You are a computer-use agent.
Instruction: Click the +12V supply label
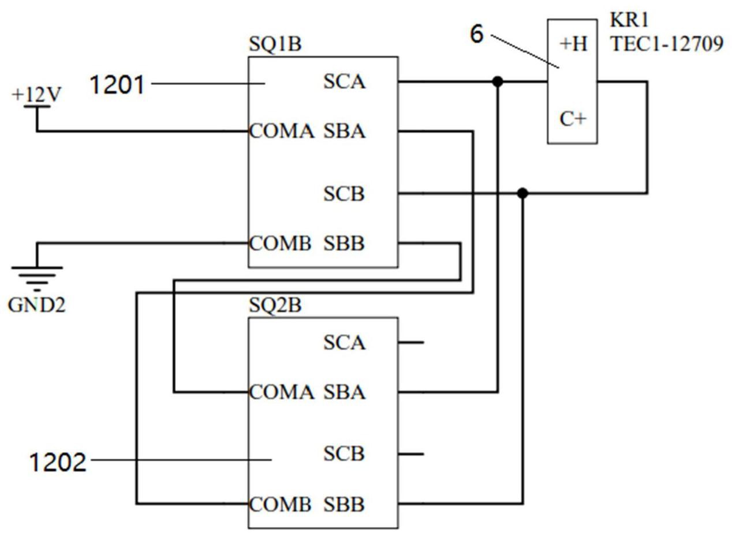pos(36,94)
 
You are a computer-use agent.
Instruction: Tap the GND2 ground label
pos(36,305)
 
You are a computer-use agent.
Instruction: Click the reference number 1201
pos(117,85)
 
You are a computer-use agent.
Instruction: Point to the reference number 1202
pos(58,462)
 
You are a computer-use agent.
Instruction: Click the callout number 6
pos(476,34)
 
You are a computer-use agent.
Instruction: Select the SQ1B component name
pos(275,44)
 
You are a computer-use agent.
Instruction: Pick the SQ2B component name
pos(275,305)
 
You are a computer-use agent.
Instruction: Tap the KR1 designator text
pos(621,20)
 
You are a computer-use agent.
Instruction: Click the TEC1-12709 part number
pos(667,44)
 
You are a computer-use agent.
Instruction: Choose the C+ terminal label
pos(573,119)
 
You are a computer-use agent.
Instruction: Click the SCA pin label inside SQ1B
pos(344,82)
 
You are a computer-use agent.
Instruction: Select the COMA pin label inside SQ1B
pos(282,132)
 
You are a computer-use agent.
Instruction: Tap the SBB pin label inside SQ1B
pos(344,243)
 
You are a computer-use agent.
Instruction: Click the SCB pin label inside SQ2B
pos(344,454)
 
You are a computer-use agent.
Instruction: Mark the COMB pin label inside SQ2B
pos(281,504)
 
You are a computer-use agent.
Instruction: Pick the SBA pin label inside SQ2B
pos(344,392)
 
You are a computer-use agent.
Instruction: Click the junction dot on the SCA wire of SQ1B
pos(498,82)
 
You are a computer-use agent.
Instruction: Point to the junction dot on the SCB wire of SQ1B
pos(522,193)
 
